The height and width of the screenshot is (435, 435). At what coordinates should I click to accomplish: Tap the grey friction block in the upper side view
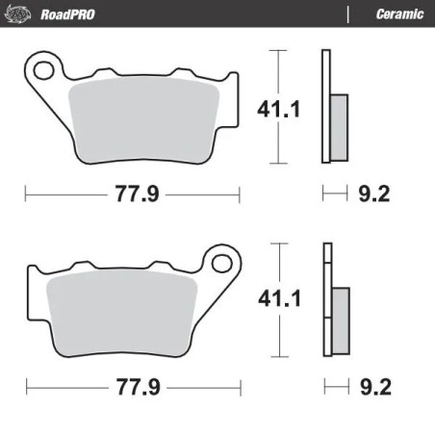coord(338,126)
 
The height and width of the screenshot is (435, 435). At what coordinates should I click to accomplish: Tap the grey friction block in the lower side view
coord(338,318)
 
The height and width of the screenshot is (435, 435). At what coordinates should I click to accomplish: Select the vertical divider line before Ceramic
coord(345,13)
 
